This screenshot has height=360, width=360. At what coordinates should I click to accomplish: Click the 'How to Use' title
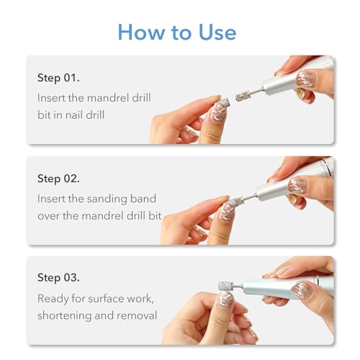(176, 32)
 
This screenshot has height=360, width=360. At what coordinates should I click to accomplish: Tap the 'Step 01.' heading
(59, 77)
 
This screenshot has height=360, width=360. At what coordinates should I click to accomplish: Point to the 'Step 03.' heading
(59, 277)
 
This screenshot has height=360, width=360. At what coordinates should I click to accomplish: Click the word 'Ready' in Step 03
(55, 297)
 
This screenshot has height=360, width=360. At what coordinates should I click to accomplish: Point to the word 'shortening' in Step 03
(68, 315)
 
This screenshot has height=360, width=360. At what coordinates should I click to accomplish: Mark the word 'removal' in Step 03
(138, 315)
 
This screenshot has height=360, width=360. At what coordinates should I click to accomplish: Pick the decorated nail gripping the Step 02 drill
(299, 185)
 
